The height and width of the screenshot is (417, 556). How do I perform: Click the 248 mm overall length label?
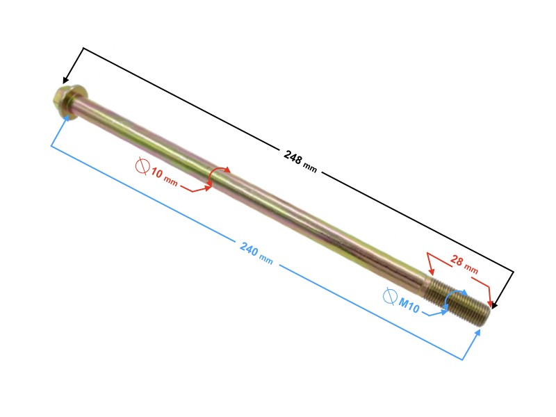point(300,161)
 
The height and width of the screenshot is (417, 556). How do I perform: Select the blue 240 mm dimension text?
point(256,253)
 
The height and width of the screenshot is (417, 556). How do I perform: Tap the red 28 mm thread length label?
point(464,265)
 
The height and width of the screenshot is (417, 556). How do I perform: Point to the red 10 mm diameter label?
point(164,177)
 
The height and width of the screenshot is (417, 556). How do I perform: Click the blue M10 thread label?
point(409,304)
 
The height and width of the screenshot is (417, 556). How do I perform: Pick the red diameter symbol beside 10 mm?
point(142,166)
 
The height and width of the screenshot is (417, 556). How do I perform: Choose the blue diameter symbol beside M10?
point(390,297)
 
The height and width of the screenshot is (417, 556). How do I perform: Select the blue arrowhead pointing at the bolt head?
point(65,118)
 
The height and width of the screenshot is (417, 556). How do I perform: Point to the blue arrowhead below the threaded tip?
point(477,333)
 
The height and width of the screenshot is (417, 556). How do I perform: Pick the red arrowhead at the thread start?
point(431,272)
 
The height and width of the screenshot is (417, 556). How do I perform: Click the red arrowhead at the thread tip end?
point(491,304)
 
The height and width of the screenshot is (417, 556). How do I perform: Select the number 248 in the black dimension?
point(293,157)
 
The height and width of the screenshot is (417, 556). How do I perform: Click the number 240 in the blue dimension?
point(249,249)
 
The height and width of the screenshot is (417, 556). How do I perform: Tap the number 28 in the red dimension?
point(457,261)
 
